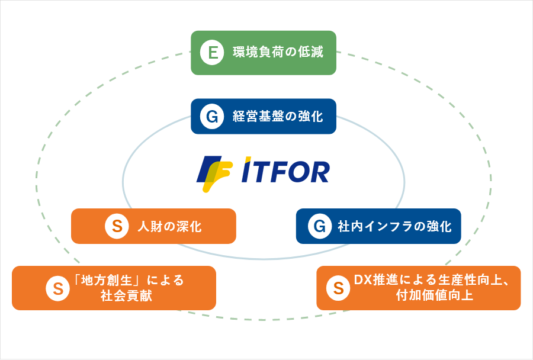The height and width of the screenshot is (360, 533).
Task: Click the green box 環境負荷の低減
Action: (264, 53)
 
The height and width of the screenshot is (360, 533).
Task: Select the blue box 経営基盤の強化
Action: (264, 116)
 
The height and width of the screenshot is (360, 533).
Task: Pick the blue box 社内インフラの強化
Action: (378, 226)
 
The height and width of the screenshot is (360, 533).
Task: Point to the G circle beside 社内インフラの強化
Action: (319, 226)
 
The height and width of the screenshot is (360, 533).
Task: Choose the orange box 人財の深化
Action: (153, 226)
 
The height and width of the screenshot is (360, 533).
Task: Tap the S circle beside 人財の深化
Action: (117, 226)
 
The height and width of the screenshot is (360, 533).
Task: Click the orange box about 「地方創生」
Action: (114, 288)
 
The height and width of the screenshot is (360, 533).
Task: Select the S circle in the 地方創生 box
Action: (58, 288)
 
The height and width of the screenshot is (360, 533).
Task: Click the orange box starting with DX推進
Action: (418, 288)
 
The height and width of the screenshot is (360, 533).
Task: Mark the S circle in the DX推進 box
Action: (338, 288)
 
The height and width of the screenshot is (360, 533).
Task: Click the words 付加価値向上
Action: (434, 296)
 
